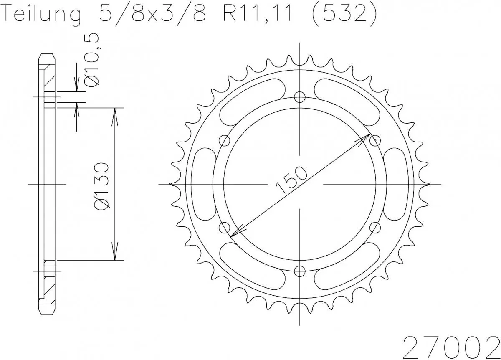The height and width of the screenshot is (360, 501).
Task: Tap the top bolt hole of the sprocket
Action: tap(299, 97)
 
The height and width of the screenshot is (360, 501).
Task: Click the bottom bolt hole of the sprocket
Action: tap(299, 271)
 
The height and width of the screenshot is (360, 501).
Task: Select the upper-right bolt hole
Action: tap(375, 140)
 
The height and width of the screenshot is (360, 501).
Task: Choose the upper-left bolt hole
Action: tap(225, 140)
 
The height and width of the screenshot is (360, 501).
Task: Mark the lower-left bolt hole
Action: tap(225, 228)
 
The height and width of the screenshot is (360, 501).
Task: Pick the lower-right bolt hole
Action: tap(375, 228)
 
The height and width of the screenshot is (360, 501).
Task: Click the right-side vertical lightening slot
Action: tap(395, 184)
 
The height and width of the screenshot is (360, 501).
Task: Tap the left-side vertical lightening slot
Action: tap(204, 184)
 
